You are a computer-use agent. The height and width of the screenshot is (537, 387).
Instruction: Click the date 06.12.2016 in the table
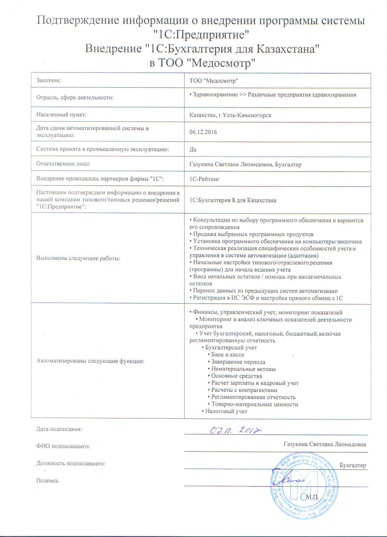click(203, 132)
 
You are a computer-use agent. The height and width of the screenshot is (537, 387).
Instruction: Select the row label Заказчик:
click(49, 80)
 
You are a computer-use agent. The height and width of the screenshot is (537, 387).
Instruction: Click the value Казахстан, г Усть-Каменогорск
click(230, 115)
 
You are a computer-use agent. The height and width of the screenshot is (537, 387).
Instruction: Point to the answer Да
click(193, 150)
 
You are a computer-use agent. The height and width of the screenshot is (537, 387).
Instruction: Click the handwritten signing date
click(236, 430)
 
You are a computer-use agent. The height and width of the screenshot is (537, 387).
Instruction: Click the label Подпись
click(47, 481)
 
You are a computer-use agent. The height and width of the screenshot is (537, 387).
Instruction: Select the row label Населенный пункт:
click(62, 115)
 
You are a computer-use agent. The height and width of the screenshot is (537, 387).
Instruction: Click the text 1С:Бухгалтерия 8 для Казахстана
click(233, 200)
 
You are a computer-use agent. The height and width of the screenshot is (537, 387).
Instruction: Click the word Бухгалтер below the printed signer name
click(353, 465)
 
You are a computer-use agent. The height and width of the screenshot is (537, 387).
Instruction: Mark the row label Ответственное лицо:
click(63, 164)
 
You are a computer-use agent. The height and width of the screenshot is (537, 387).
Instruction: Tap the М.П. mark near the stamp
click(312, 497)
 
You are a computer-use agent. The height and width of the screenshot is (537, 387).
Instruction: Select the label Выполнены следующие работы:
click(78, 258)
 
